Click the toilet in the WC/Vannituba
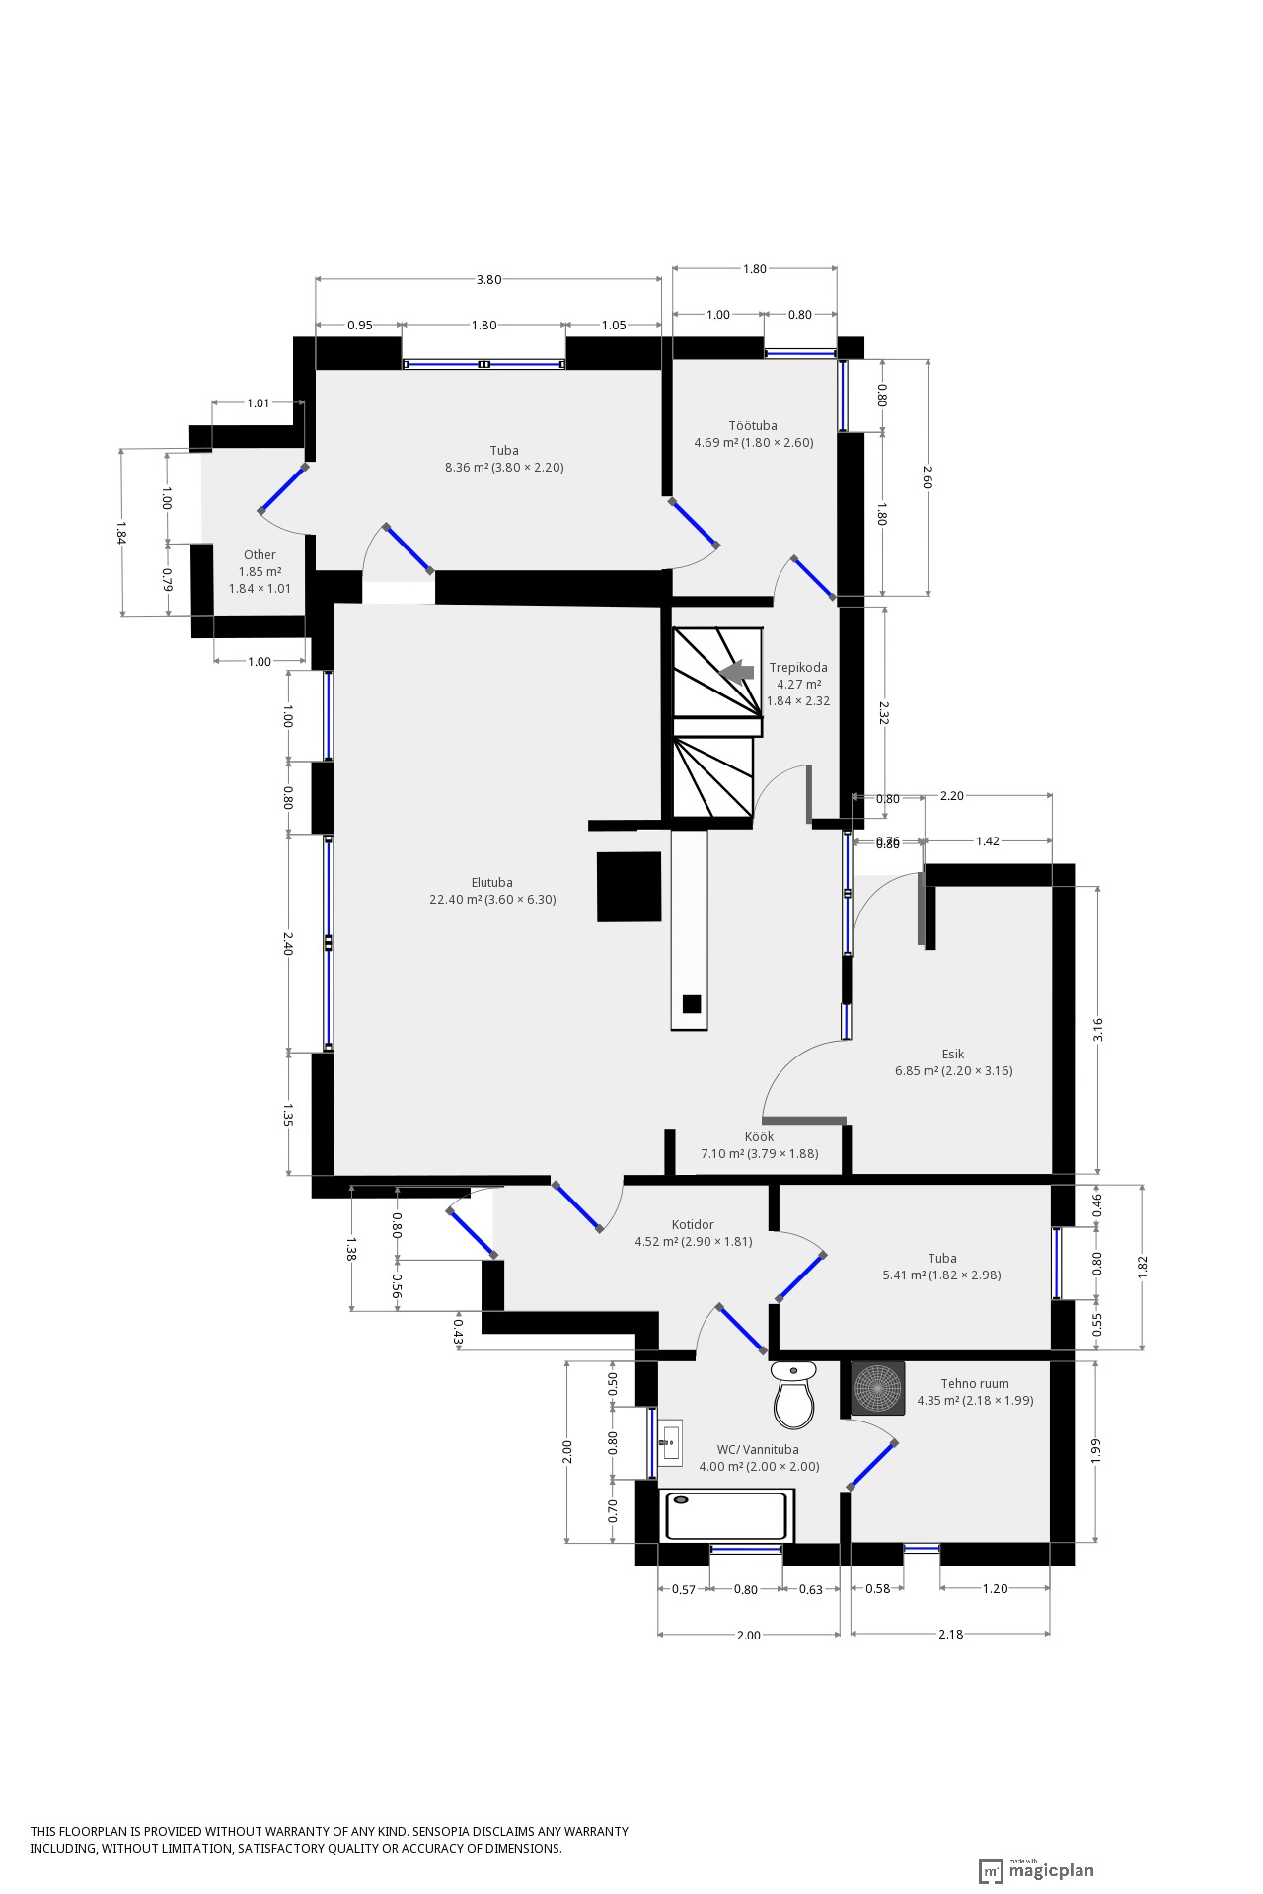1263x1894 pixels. pos(794,1395)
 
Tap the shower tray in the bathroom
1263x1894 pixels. pos(727,1515)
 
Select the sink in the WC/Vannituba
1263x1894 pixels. pos(671,1442)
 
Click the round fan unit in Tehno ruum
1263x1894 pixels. pos(877,1389)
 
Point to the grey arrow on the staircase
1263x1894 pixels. pos(736,672)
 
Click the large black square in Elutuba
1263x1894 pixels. pos(629,887)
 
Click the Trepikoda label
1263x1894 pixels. pos(798,668)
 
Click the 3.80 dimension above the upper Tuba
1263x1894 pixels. pos(488,279)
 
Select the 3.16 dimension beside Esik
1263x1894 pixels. pos(1098,1029)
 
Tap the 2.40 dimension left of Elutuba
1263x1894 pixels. pos(288,944)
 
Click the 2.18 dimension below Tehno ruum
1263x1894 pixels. pos(950,1635)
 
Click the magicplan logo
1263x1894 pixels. pos(1036,1870)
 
